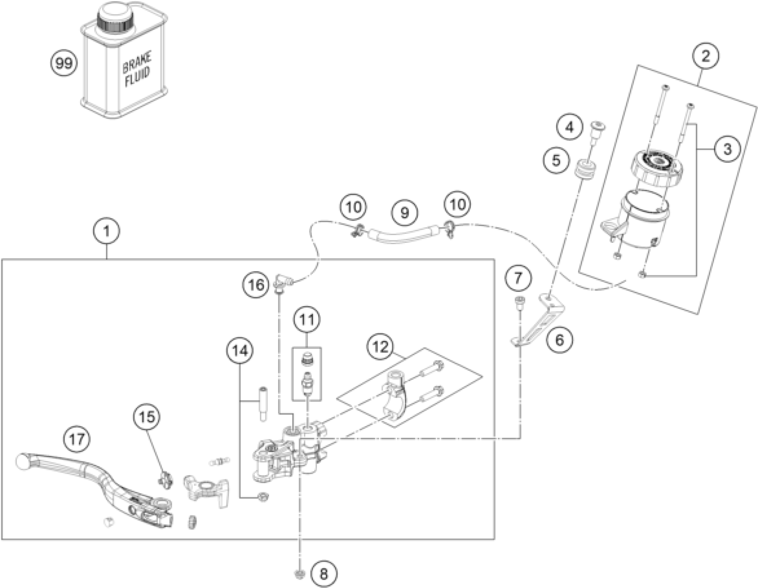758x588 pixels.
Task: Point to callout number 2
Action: coord(706,56)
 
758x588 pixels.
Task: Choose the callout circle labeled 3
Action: coord(727,149)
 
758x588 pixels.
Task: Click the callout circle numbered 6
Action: coord(560,340)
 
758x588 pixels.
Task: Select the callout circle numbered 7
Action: coord(518,278)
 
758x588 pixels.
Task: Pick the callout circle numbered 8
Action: coord(323,574)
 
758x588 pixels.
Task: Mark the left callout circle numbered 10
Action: coord(354,207)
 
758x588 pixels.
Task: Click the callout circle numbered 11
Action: coord(307,320)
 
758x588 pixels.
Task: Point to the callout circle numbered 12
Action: coord(381,347)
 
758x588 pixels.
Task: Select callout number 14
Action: coord(240,351)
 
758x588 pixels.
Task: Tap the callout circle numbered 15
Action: coord(147,417)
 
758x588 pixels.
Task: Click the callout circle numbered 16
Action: coord(256,285)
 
